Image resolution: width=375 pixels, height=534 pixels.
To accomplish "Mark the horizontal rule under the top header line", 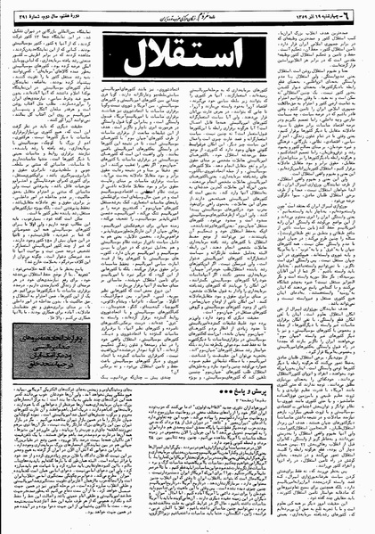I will point(187,23).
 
